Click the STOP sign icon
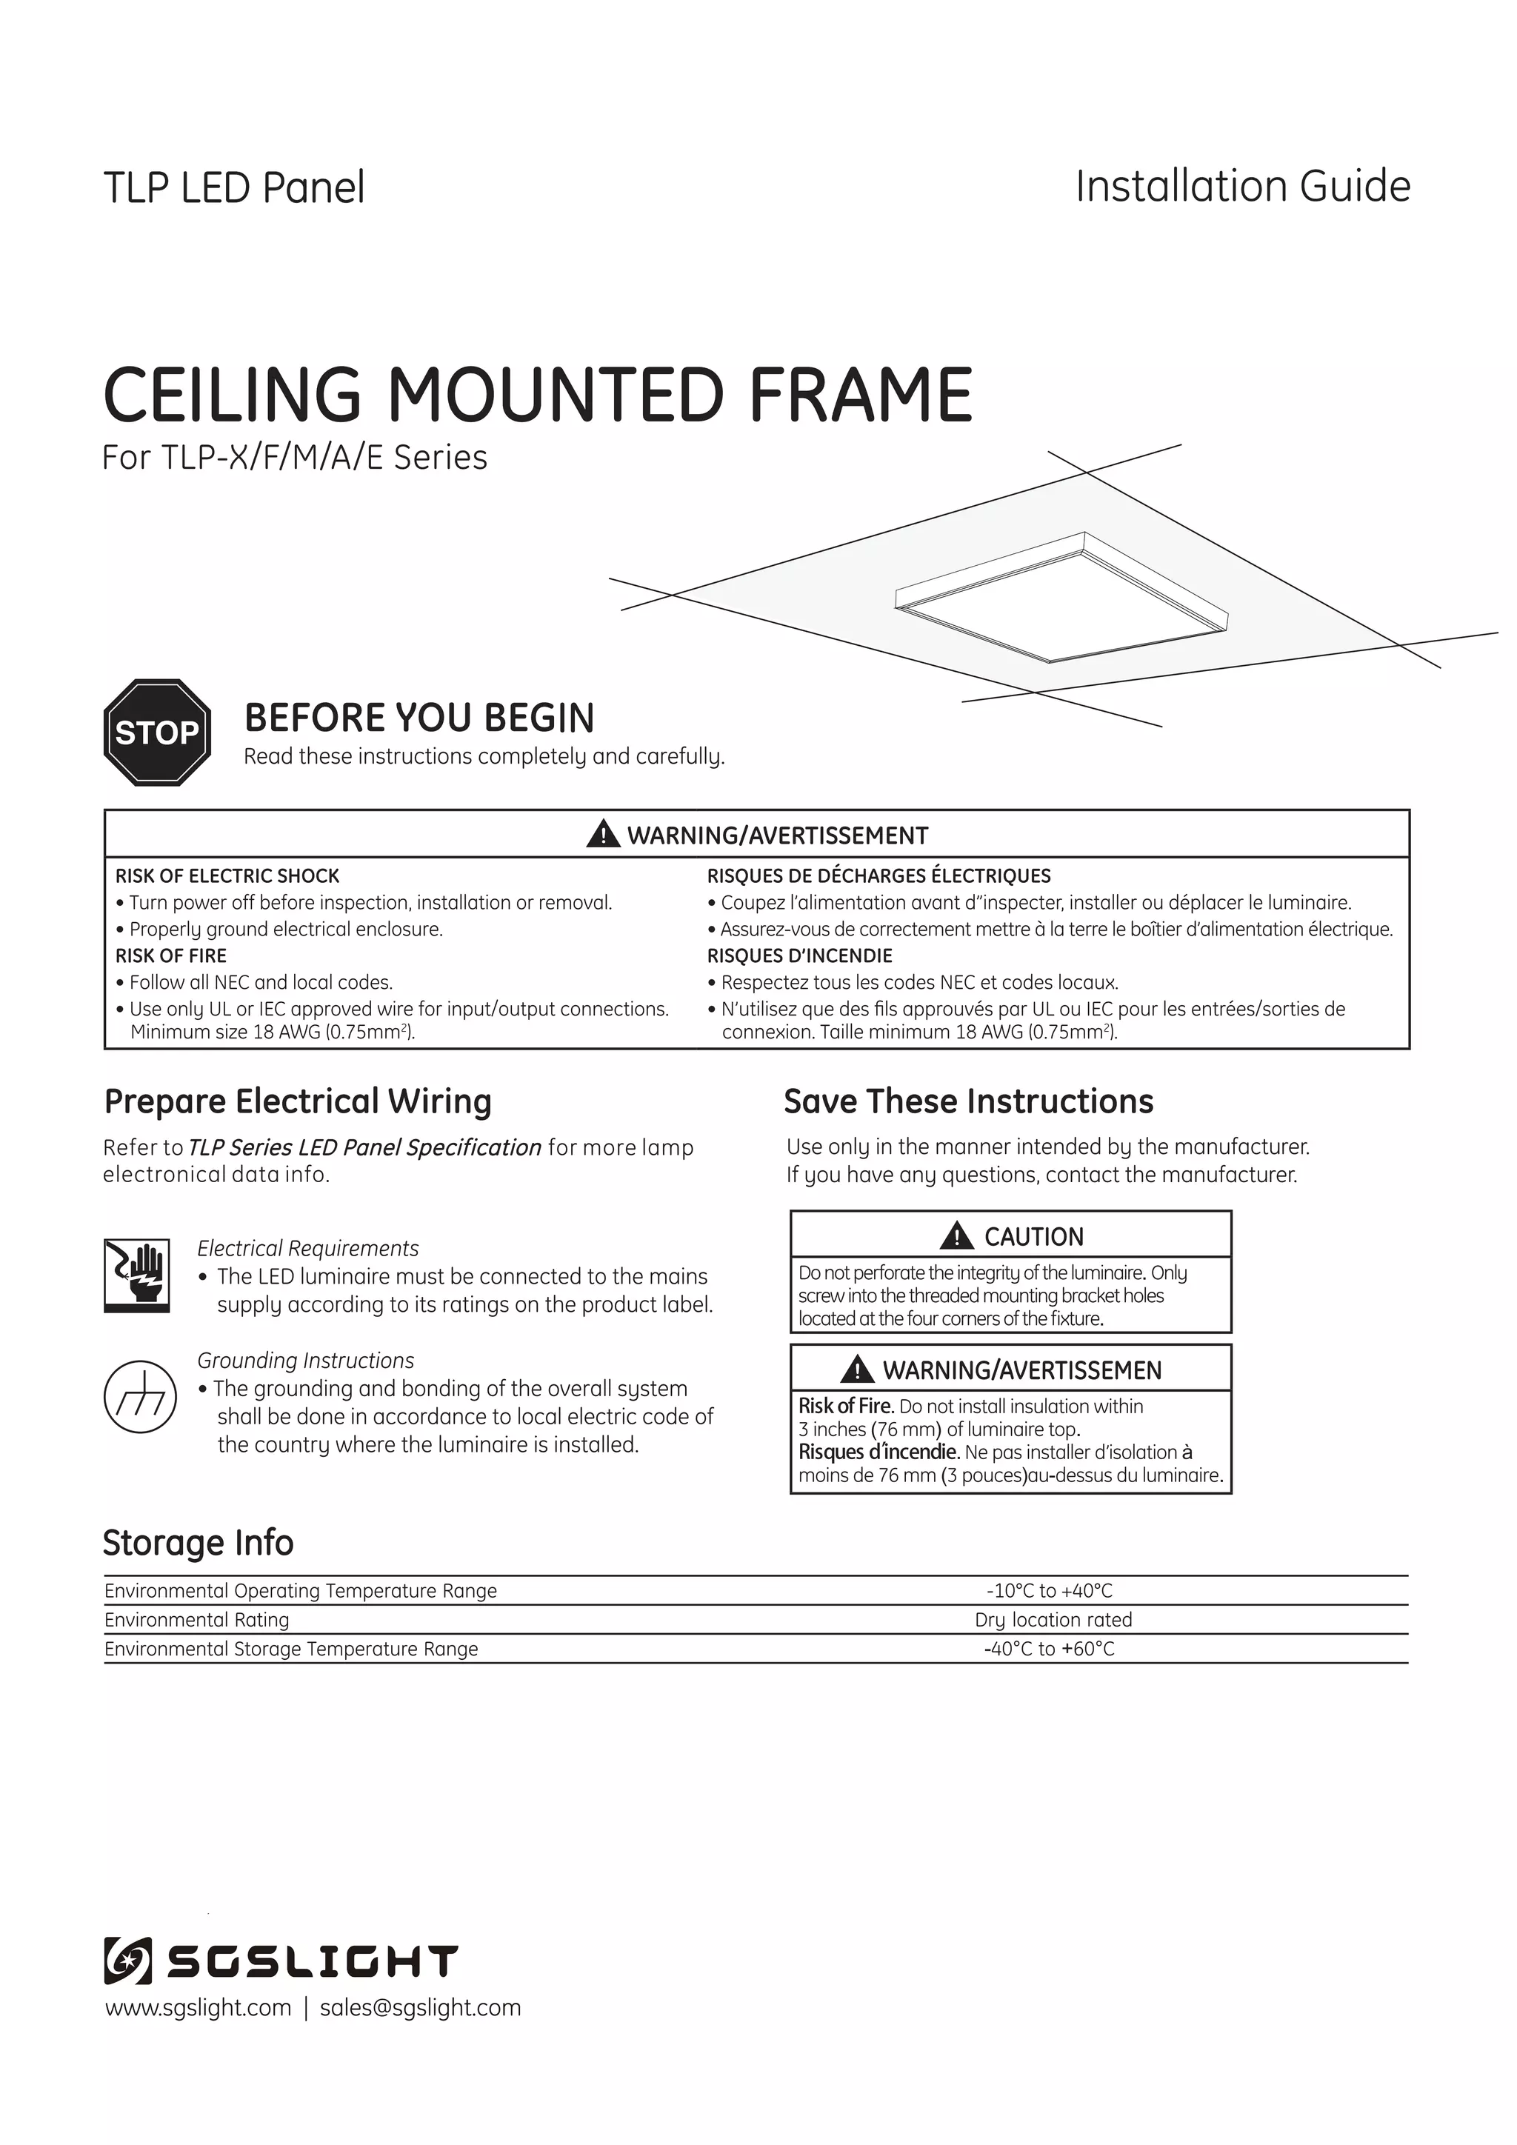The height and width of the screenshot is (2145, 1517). [157, 732]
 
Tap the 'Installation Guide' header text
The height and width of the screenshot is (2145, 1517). [1242, 186]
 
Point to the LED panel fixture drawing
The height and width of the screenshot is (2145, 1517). [1062, 599]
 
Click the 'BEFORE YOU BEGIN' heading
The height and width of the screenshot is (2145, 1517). [419, 718]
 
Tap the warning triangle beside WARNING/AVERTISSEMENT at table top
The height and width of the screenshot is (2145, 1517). [602, 833]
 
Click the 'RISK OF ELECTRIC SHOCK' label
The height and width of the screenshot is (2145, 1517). [227, 875]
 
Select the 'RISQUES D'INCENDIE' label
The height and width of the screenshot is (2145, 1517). [799, 955]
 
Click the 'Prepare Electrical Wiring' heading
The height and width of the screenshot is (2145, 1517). [297, 1101]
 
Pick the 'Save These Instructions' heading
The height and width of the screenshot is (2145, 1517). [967, 1101]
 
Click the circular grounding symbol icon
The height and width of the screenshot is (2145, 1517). [139, 1397]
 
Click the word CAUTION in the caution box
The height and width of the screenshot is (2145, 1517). [1033, 1236]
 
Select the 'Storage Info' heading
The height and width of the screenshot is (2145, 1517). [198, 1542]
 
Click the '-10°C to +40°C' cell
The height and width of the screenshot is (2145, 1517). [1049, 1590]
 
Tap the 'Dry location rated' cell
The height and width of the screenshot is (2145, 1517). [1053, 1619]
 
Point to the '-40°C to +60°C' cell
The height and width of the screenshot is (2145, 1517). [1049, 1648]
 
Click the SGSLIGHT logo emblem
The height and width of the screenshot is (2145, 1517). [127, 1960]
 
